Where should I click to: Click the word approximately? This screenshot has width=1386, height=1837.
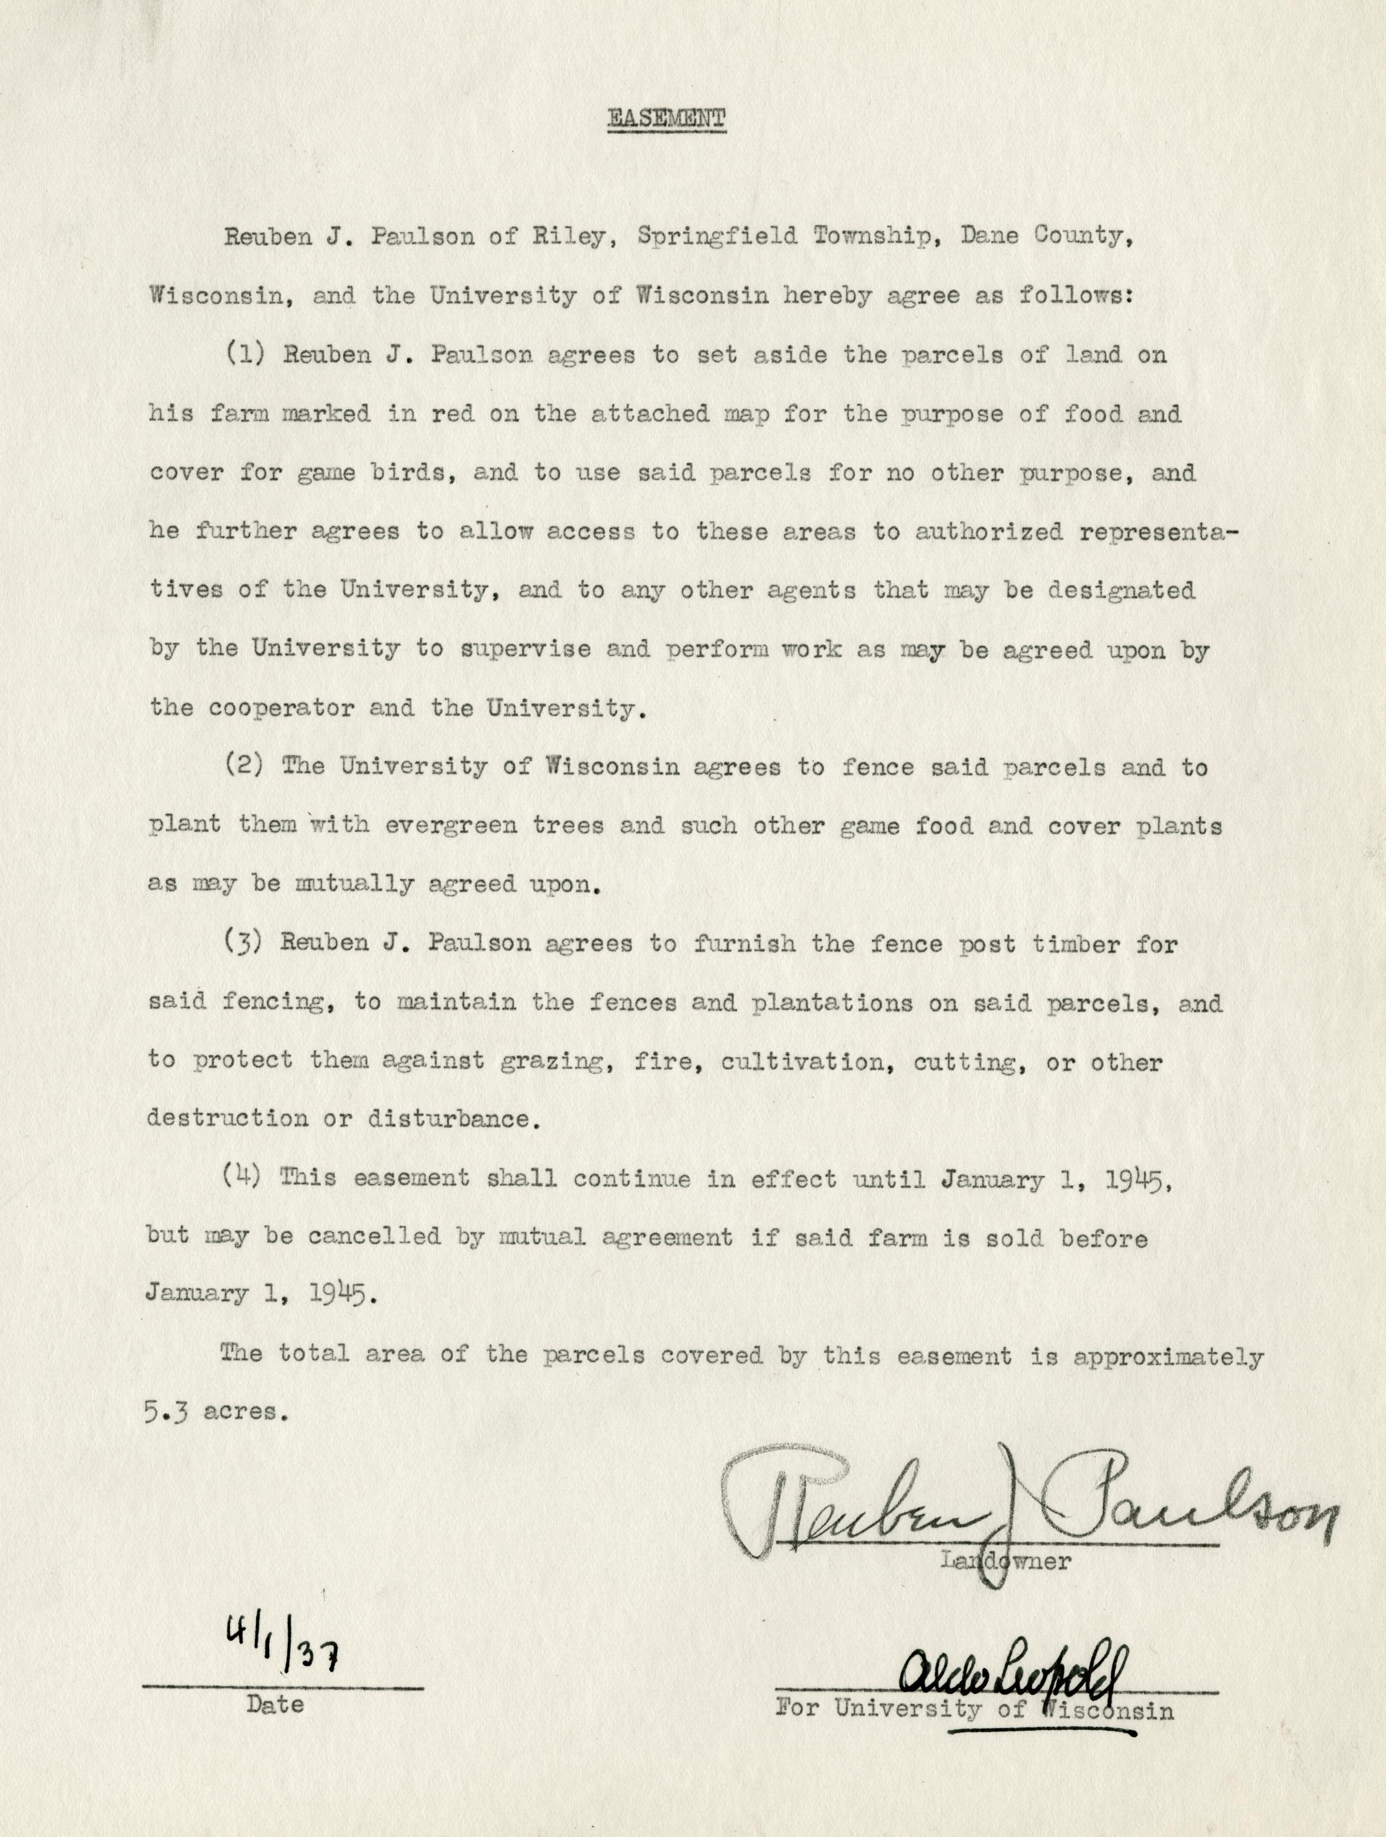coord(1168,1356)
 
